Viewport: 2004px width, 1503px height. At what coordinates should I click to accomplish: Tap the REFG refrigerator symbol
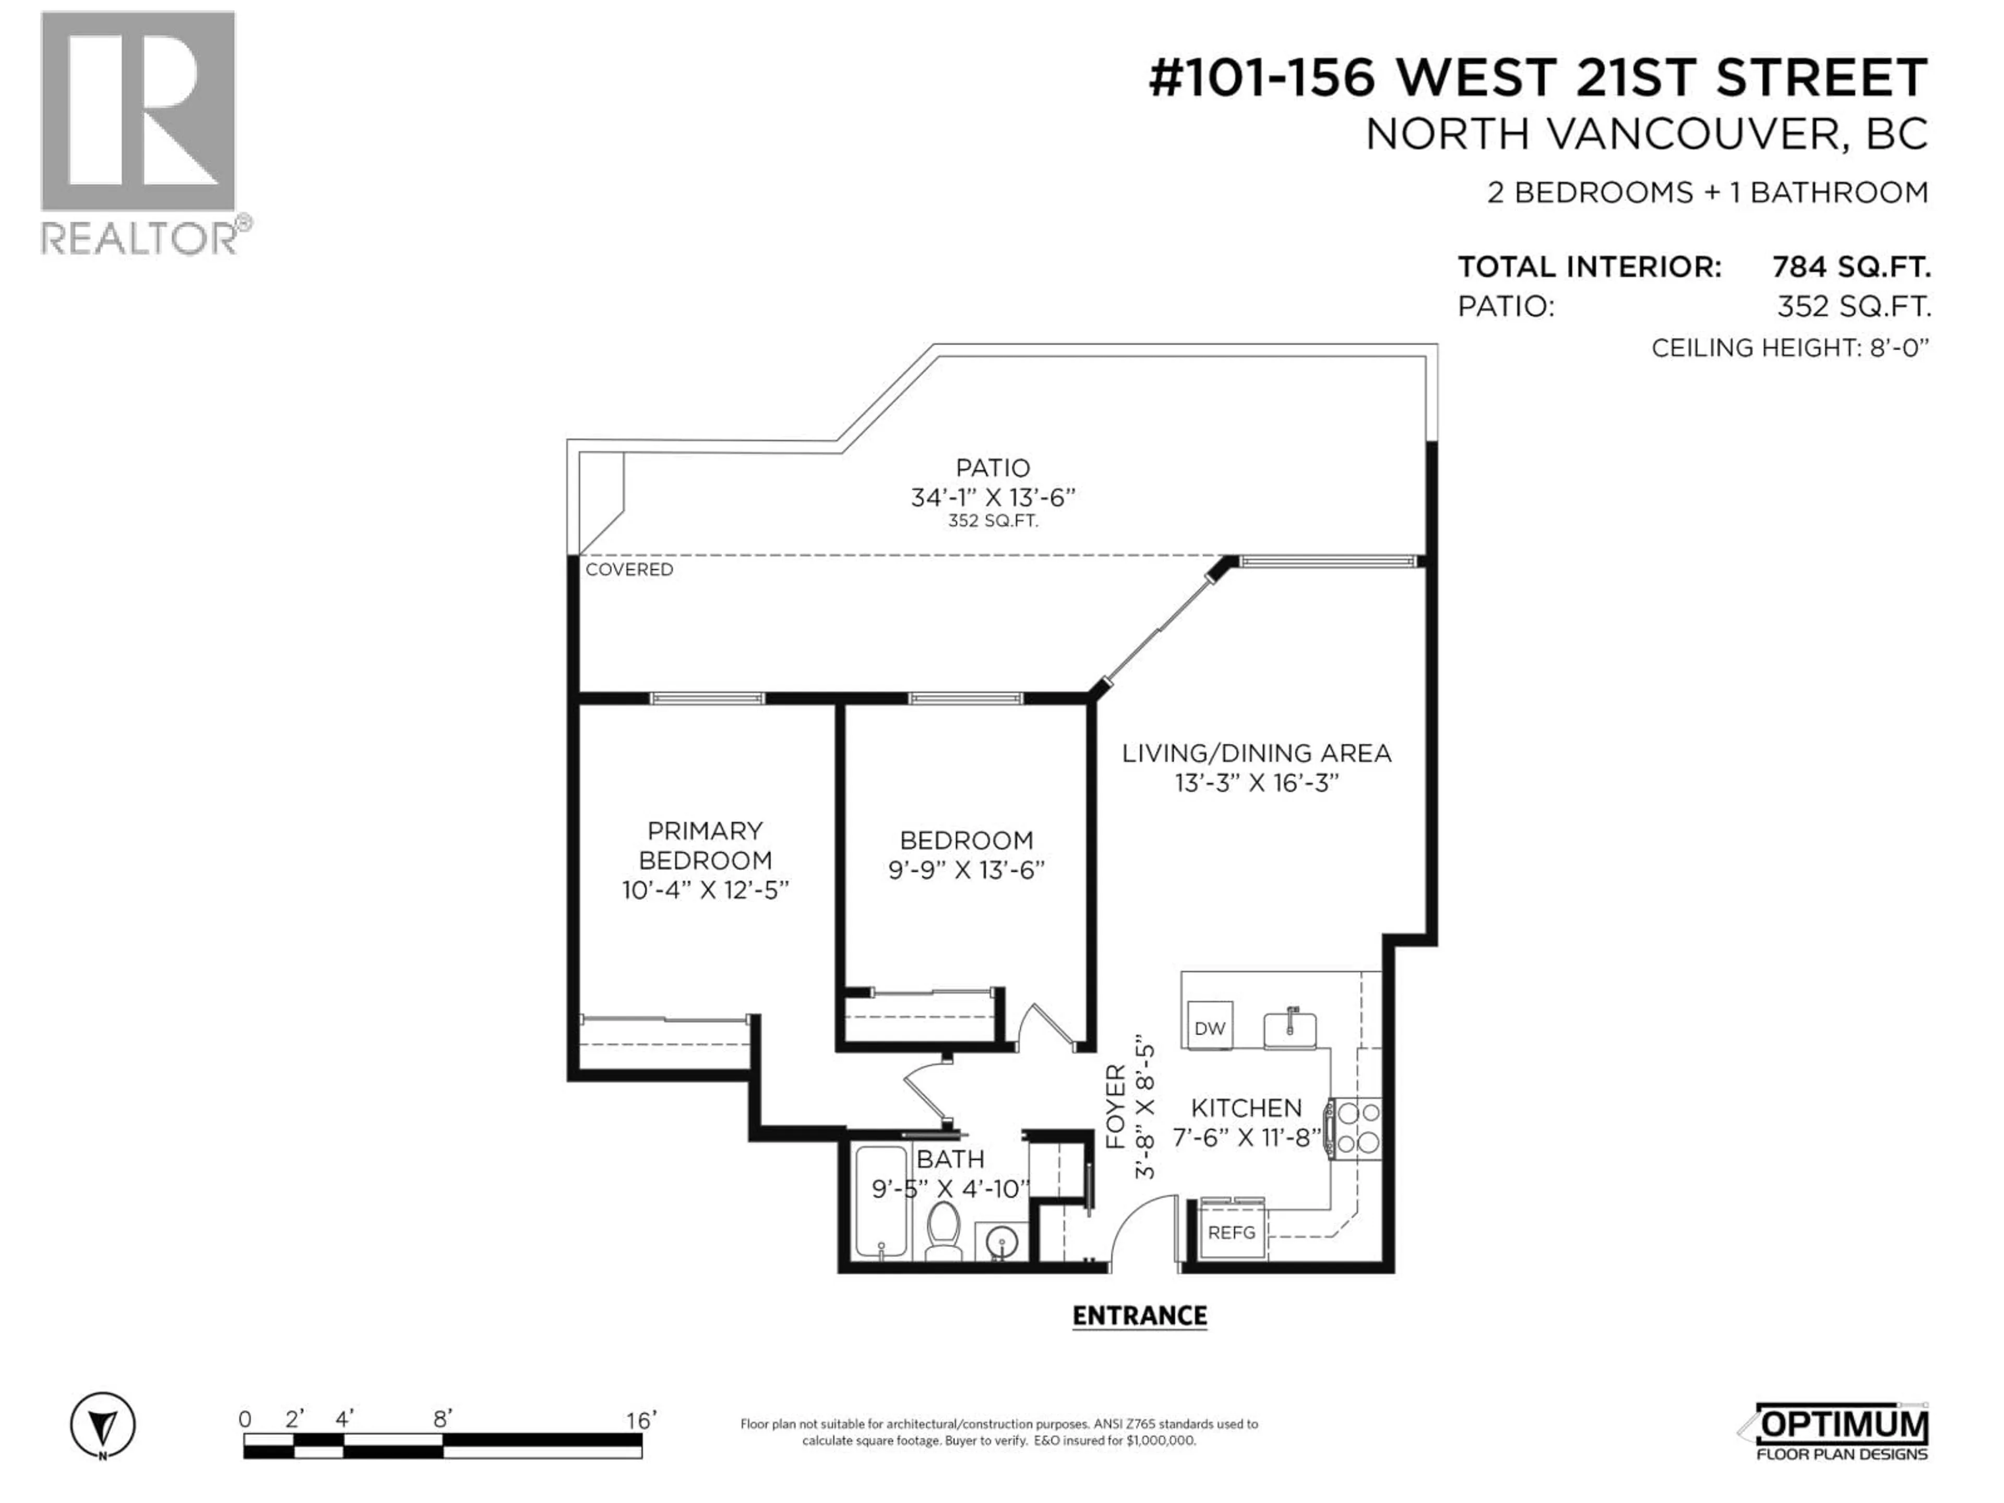click(1231, 1232)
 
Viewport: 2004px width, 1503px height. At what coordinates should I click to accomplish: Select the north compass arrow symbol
click(103, 1426)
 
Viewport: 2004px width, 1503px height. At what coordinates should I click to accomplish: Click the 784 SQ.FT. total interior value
click(1851, 267)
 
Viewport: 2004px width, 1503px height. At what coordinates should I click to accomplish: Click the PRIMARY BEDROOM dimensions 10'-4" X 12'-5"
click(705, 890)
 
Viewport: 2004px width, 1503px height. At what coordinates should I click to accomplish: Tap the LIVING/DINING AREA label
click(1256, 753)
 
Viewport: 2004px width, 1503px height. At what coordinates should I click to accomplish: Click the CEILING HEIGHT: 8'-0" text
click(1790, 348)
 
